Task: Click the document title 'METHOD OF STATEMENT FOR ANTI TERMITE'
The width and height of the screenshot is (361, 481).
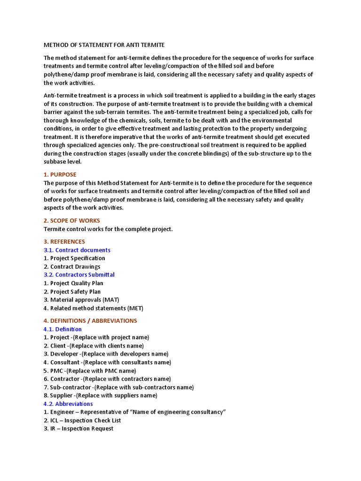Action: pos(104,45)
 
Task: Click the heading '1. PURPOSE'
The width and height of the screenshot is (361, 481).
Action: pos(60,175)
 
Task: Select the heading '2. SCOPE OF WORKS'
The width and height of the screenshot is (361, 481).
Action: pos(72,221)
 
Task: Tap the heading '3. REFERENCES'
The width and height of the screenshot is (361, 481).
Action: pos(64,242)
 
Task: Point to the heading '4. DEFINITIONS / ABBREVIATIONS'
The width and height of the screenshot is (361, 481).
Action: pos(90,321)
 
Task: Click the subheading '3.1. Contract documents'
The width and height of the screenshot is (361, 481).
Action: pos(77,250)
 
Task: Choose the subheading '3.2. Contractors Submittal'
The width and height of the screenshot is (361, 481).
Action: pos(79,275)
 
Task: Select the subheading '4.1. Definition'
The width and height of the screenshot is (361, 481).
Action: pos(63,329)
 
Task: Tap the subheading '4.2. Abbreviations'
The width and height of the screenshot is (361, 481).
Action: pos(68,404)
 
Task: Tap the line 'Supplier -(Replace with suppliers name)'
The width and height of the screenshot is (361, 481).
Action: pos(100,396)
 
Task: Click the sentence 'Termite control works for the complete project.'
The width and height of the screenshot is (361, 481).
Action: pos(109,229)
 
